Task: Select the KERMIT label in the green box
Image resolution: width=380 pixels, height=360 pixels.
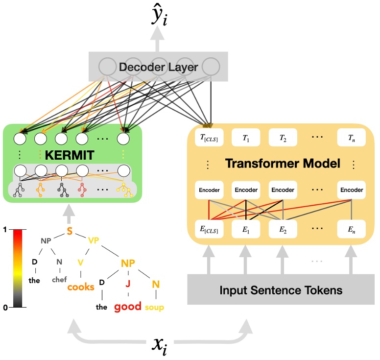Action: click(72, 156)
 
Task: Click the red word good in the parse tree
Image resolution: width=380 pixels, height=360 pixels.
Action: click(128, 307)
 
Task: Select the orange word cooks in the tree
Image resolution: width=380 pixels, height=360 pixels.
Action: click(81, 287)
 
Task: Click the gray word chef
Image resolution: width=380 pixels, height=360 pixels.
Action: click(59, 280)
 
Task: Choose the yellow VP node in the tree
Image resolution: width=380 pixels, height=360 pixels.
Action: click(94, 240)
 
